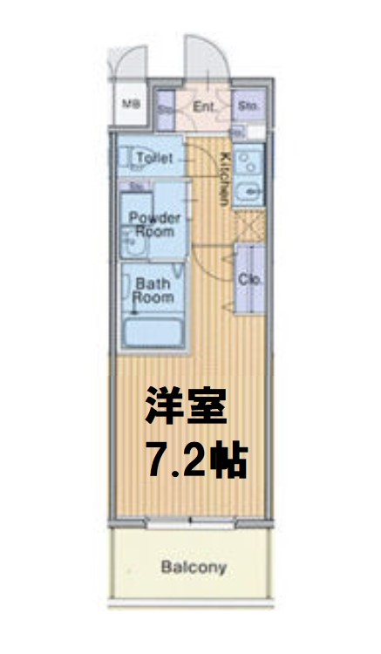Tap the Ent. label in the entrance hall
[x=204, y=107]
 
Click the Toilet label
[x=155, y=158]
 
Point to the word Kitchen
[x=224, y=178]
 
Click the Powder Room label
[x=154, y=226]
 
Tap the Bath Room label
[x=153, y=290]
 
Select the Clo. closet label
[x=249, y=280]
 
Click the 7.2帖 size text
[x=195, y=460]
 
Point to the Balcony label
[x=193, y=568]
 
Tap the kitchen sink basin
[x=249, y=188]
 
